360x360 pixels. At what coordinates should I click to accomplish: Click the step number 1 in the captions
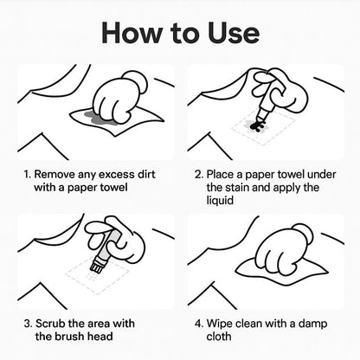pyautogui.click(x=26, y=173)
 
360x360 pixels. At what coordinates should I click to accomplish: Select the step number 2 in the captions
pyautogui.click(x=198, y=173)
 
